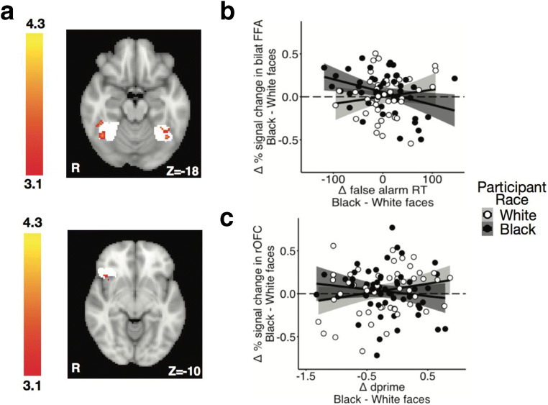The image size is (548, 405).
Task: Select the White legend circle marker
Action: tap(488, 215)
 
